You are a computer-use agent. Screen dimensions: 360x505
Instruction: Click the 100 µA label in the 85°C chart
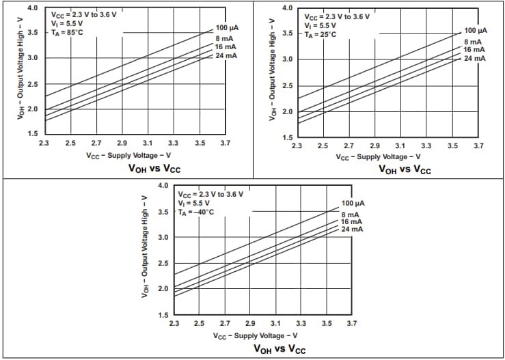(226, 27)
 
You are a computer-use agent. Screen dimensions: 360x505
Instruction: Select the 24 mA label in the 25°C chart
(475, 59)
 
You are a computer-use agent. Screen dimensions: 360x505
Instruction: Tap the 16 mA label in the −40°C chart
(351, 222)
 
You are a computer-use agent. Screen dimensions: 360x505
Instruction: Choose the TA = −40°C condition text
(196, 212)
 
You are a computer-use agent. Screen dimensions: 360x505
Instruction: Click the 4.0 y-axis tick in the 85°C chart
(33, 8)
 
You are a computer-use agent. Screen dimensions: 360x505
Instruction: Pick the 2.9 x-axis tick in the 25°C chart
(374, 146)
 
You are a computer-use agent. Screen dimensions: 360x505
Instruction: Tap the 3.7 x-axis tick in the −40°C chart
(352, 323)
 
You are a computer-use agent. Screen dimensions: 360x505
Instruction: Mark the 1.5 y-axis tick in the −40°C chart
(164, 315)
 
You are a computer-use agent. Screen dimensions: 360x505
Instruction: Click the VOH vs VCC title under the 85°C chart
(154, 169)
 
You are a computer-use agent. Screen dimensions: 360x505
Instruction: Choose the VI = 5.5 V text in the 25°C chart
(319, 25)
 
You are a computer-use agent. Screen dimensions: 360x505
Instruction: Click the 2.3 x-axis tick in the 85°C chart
(44, 143)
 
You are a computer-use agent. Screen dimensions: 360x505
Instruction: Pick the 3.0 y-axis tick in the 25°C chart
(288, 60)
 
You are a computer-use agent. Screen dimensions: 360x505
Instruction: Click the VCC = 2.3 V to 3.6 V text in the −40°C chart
(210, 194)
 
